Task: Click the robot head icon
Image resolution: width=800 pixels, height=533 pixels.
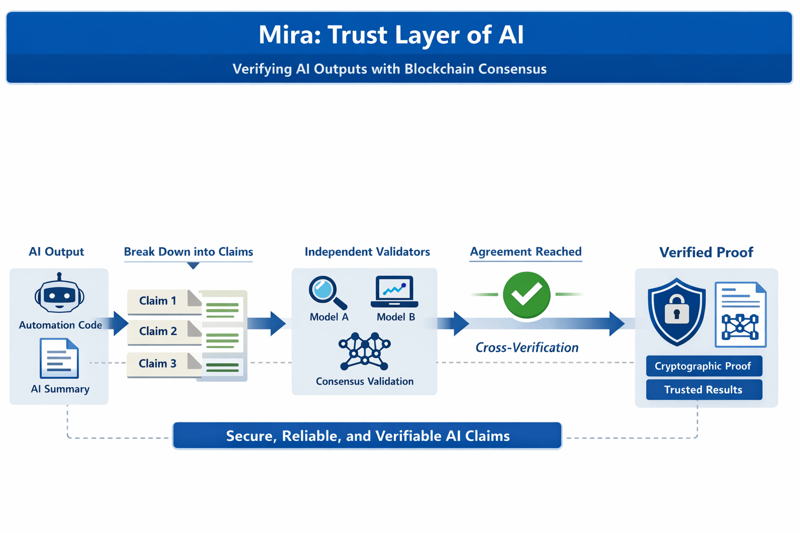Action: pyautogui.click(x=59, y=293)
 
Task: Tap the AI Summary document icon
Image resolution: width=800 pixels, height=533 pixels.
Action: pyautogui.click(x=59, y=358)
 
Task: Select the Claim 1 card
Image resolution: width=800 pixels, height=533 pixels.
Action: pyautogui.click(x=165, y=302)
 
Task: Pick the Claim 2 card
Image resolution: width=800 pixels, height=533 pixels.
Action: pyautogui.click(x=165, y=333)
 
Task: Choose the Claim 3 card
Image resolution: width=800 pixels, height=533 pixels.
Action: pyautogui.click(x=165, y=364)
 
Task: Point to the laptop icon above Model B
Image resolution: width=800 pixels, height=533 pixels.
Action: pyautogui.click(x=394, y=291)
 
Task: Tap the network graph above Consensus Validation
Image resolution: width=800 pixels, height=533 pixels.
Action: pyautogui.click(x=364, y=351)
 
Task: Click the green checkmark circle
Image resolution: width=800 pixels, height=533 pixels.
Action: pyautogui.click(x=527, y=295)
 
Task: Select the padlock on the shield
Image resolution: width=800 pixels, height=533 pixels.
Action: pyautogui.click(x=677, y=309)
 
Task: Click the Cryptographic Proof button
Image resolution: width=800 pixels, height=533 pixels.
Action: pyautogui.click(x=704, y=366)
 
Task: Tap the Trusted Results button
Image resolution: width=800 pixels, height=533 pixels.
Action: pyautogui.click(x=704, y=389)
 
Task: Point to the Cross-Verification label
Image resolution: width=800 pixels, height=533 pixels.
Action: pyautogui.click(x=527, y=347)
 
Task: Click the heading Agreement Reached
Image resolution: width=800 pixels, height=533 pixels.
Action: pyautogui.click(x=526, y=251)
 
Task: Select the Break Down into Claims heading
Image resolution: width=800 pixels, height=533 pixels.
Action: pyautogui.click(x=189, y=252)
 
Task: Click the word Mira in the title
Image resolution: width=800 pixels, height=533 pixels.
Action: pyautogui.click(x=289, y=35)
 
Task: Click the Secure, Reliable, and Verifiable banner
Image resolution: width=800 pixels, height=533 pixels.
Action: pyautogui.click(x=367, y=436)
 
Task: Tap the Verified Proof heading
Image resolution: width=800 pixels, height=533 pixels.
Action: pyautogui.click(x=706, y=252)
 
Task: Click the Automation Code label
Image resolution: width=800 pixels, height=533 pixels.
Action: pyautogui.click(x=60, y=325)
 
